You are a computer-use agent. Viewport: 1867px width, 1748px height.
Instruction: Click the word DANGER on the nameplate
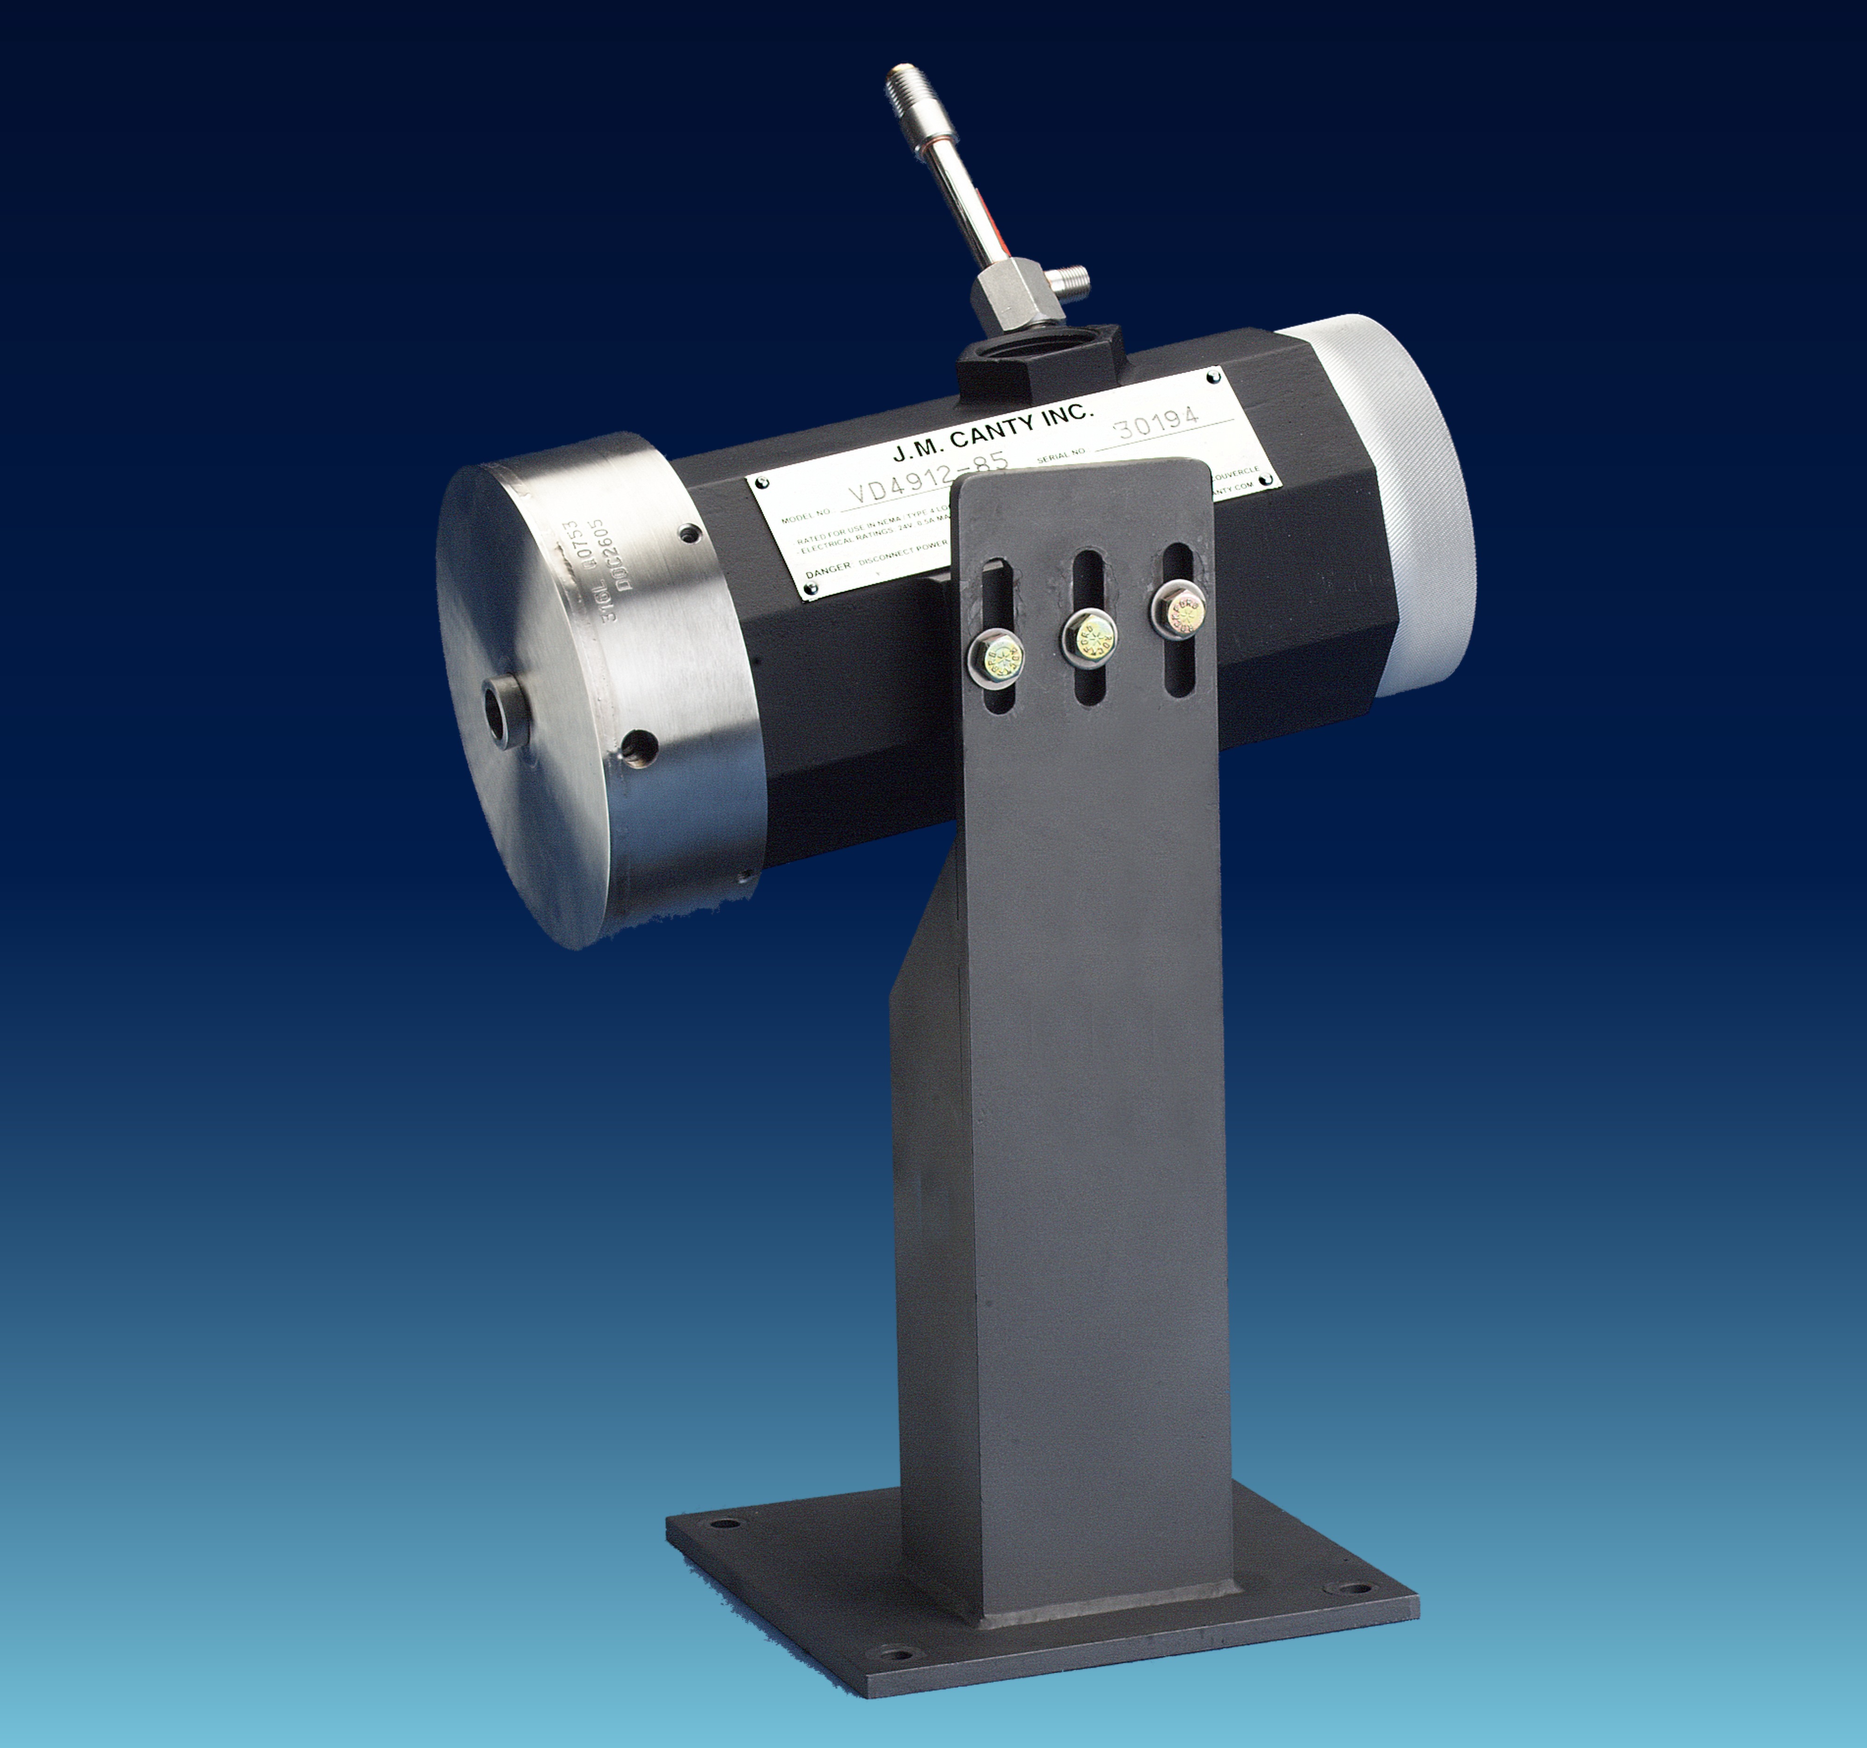826,566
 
